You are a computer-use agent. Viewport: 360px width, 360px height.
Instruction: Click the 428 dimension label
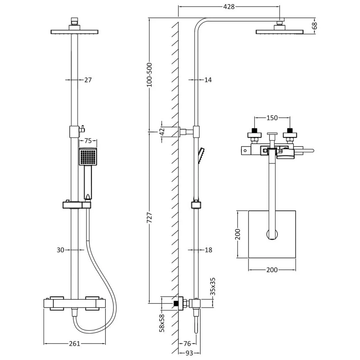tap(229, 7)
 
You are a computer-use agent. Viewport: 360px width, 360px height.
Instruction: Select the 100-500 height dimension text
tap(149, 75)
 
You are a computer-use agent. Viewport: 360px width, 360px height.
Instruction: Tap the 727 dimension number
tap(149, 218)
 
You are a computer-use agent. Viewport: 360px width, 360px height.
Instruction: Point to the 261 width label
tap(75, 344)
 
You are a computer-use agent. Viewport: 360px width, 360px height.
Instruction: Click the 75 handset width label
tap(88, 140)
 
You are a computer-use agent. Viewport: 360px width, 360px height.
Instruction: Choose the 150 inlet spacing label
tap(272, 118)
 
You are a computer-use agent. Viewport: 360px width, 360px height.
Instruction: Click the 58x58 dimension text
tap(162, 323)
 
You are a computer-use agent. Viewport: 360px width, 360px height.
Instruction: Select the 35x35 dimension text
tap(213, 287)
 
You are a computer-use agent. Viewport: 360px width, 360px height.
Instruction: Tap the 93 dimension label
tap(189, 353)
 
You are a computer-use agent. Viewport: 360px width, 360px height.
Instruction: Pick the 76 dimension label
tap(187, 343)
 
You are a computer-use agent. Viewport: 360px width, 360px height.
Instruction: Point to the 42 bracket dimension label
tap(162, 132)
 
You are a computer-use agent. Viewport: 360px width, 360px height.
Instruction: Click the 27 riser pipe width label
tap(88, 80)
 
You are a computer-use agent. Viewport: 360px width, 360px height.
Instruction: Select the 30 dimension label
tap(60, 250)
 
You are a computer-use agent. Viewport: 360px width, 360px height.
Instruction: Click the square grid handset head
tap(88, 156)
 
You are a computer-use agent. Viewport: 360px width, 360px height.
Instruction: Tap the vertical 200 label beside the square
tap(238, 234)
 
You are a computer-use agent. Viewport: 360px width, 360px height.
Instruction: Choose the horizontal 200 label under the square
tap(272, 270)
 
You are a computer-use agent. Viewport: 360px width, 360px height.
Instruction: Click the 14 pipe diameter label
tap(208, 80)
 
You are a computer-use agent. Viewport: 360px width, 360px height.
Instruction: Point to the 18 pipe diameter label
tap(208, 250)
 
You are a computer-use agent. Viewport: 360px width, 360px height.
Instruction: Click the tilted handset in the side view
tap(201, 156)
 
